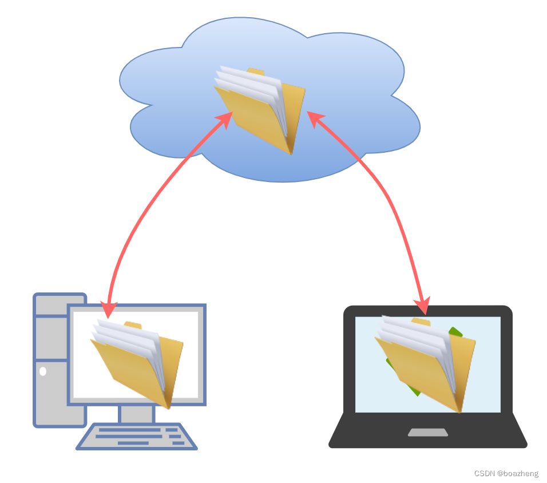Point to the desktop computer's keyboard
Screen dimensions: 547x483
(x=137, y=437)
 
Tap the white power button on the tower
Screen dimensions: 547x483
(x=43, y=371)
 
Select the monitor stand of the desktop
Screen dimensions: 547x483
(x=137, y=413)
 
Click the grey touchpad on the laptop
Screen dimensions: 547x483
(x=427, y=432)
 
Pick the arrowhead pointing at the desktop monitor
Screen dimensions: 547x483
(x=108, y=309)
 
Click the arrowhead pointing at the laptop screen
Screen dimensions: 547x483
(x=423, y=306)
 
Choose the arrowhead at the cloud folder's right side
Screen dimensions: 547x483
(x=315, y=118)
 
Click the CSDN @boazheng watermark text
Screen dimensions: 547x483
(x=506, y=473)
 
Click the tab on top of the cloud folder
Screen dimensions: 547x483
(x=256, y=72)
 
